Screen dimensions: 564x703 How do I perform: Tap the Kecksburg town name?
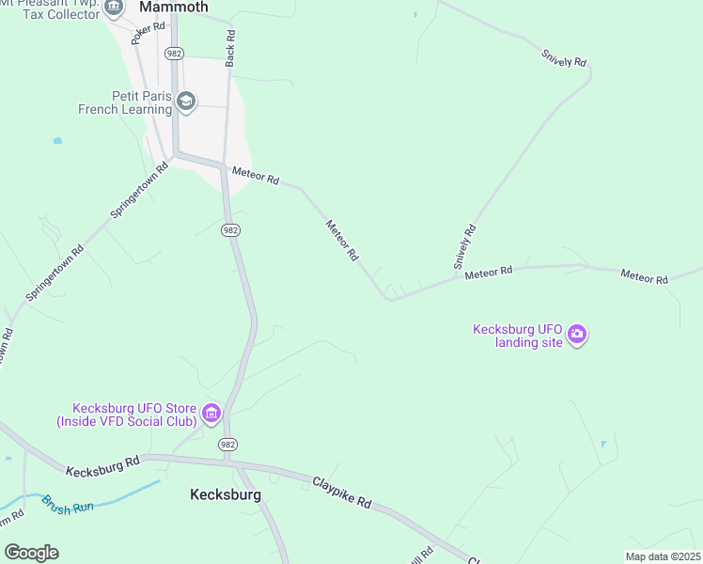click(x=226, y=494)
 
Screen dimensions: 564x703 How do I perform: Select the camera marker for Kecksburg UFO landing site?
click(x=577, y=335)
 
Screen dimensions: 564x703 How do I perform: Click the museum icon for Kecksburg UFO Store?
click(x=211, y=413)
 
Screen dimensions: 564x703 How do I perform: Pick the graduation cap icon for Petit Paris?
click(x=186, y=102)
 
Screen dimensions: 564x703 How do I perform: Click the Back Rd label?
click(x=230, y=47)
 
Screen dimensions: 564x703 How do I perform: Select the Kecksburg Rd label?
click(x=103, y=464)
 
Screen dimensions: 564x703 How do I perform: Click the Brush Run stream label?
click(x=67, y=505)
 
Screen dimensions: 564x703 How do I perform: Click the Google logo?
click(x=31, y=553)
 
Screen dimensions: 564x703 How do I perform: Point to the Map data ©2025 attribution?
click(x=663, y=556)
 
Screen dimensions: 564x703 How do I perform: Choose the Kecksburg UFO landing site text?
click(x=517, y=336)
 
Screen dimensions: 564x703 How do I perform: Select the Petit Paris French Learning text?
click(x=126, y=102)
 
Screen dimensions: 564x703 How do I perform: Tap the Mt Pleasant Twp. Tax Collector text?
click(x=52, y=8)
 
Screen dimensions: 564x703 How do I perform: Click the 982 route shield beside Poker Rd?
click(x=174, y=54)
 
